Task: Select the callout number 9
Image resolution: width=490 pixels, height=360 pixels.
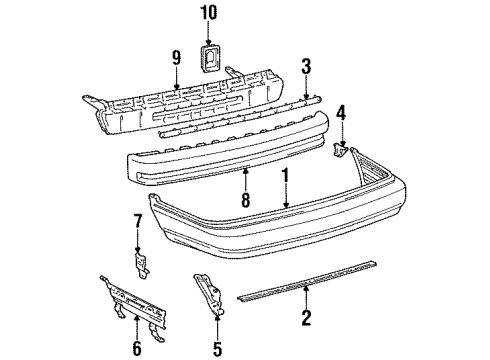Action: point(177,57)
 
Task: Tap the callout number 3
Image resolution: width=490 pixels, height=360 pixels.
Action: point(307,66)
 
